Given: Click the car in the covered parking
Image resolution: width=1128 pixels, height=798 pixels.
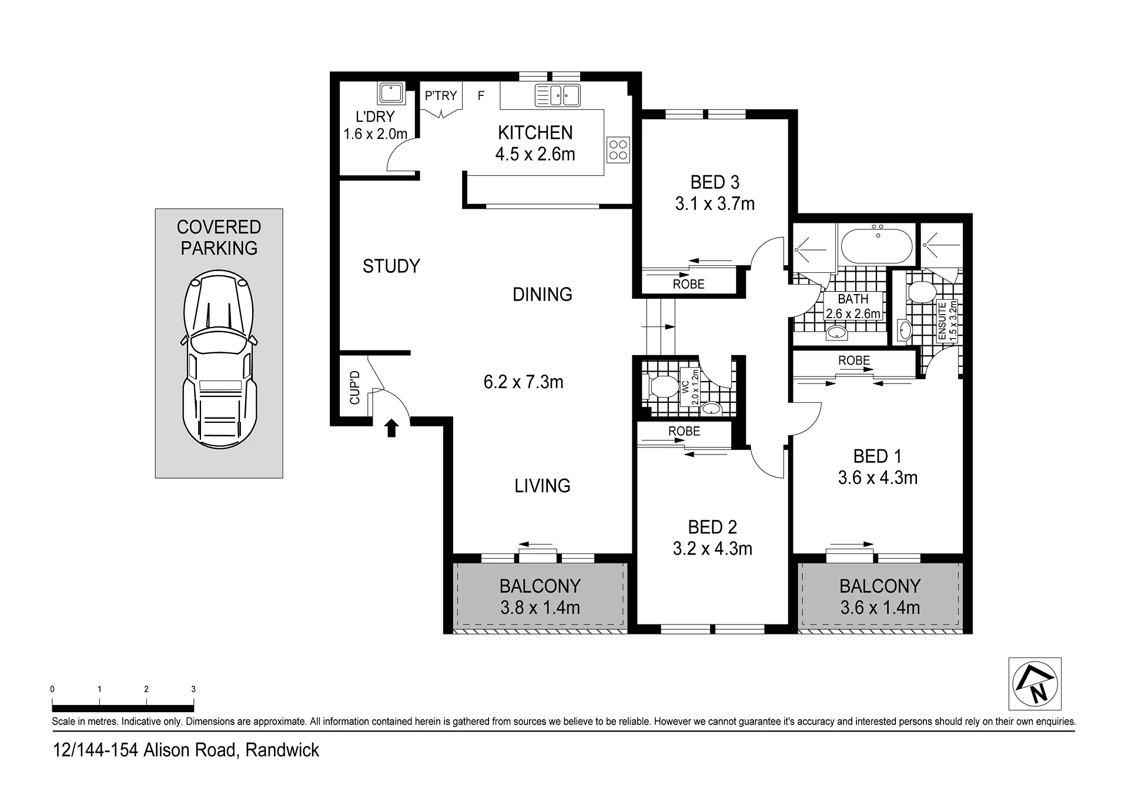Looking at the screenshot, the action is click(219, 359).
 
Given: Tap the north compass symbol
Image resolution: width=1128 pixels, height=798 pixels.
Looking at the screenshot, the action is click(1035, 684).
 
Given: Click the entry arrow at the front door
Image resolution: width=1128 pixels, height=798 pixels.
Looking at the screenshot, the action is click(391, 428).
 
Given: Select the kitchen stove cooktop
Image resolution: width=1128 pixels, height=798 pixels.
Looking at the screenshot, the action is click(618, 149).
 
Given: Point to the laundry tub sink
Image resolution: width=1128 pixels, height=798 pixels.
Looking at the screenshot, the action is click(390, 94).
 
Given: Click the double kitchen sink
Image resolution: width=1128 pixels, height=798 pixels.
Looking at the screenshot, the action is click(557, 95).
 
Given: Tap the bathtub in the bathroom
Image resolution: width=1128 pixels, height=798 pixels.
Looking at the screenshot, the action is click(877, 247).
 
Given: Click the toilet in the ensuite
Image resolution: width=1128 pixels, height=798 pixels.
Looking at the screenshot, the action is click(921, 292).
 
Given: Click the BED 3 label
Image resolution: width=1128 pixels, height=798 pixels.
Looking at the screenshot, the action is click(715, 182).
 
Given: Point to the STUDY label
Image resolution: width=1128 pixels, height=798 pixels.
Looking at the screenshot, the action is click(391, 266).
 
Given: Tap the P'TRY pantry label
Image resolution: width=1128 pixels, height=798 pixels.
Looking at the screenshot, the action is click(441, 95).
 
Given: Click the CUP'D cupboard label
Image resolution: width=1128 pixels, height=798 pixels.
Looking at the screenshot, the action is click(354, 388).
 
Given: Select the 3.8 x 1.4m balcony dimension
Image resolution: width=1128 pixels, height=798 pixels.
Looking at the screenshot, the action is click(540, 607).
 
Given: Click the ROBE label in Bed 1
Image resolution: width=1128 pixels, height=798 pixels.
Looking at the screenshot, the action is click(854, 360).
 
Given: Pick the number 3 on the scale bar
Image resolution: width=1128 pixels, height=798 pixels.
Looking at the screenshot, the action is click(193, 689).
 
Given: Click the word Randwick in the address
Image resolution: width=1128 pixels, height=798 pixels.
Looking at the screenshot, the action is click(282, 750).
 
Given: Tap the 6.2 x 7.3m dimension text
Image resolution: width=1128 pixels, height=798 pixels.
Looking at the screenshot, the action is click(523, 382).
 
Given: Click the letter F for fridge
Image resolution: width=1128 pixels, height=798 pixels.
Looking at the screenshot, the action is click(481, 95).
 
